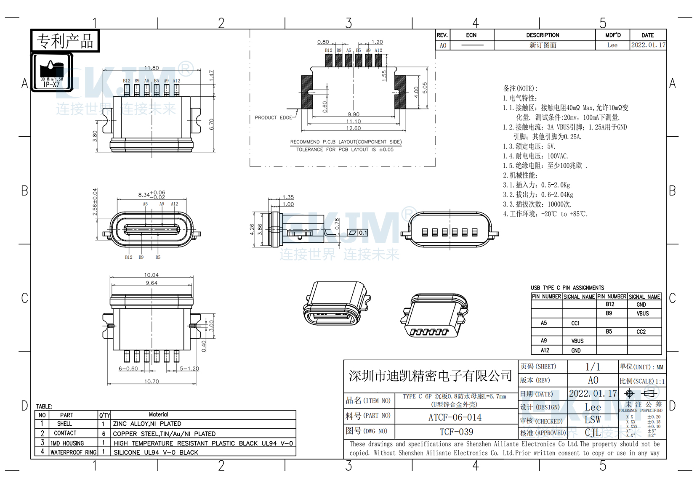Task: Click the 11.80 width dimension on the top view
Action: pos(152,68)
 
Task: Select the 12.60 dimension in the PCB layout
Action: pos(353,128)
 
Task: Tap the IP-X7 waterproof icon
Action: pos(52,72)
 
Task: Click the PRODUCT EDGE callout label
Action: pos(273,118)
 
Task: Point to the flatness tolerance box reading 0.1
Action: pos(357,233)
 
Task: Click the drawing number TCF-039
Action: pos(456,432)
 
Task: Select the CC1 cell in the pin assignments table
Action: pos(575,323)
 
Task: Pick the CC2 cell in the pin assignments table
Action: pos(641,332)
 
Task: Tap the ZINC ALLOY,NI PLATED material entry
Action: pos(147,424)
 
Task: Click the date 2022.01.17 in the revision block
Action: pos(648,45)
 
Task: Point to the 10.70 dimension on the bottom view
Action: pos(152,382)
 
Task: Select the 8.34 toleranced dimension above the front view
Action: pos(151,194)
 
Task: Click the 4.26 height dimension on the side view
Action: pos(252,229)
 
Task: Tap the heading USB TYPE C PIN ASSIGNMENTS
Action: pos(567,288)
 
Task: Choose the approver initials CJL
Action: pos(593,432)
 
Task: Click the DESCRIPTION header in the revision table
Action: pos(543,35)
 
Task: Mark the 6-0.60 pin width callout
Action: pos(128,369)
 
